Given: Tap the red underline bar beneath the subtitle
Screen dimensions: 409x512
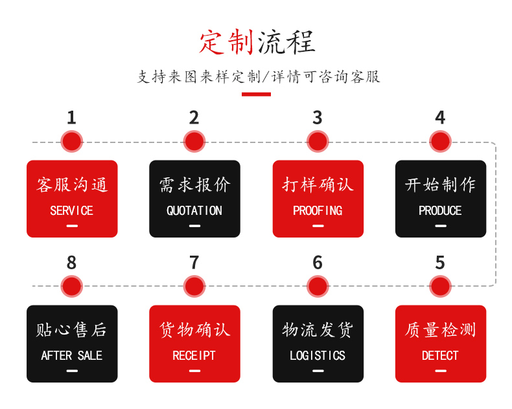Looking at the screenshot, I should (256, 94).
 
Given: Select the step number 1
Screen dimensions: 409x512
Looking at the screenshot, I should (71, 118).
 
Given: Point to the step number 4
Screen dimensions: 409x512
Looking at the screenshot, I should (440, 118).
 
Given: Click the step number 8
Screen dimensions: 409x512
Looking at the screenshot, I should (71, 263).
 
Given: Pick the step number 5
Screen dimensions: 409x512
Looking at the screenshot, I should (440, 263).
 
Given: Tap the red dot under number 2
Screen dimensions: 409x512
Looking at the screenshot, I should (194, 141).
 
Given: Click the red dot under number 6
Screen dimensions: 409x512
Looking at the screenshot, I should (317, 286).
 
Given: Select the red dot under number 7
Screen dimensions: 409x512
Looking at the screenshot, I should (194, 286).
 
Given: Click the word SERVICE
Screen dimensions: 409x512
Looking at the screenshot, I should (71, 211).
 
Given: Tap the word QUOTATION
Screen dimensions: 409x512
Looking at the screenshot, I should (194, 211).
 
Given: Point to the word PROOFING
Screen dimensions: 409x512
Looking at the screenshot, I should (318, 211).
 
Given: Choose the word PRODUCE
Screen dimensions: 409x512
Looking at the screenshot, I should (440, 211).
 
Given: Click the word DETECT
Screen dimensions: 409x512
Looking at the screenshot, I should (440, 356).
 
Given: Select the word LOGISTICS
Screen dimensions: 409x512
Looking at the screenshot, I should (318, 356).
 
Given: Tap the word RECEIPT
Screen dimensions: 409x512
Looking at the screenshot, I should (194, 356).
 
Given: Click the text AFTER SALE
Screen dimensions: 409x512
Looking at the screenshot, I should (71, 356).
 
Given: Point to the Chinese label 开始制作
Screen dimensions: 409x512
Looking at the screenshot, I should (440, 185).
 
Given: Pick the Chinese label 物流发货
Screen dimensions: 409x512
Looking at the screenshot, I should (318, 330).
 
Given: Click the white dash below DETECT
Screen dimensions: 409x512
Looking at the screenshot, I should (441, 371).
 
